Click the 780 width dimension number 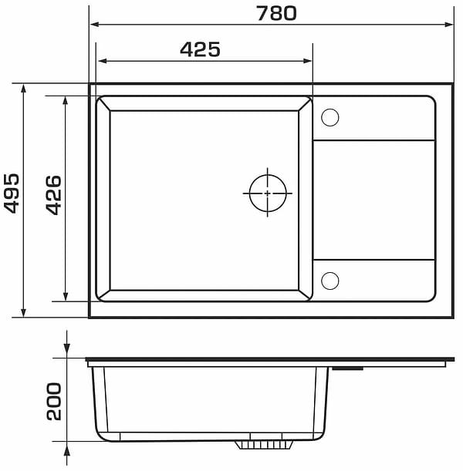(276, 14)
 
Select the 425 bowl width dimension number (200, 49)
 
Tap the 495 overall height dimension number (12, 193)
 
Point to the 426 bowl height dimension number (54, 195)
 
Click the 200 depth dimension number (54, 402)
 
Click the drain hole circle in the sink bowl (268, 193)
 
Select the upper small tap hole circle (330, 117)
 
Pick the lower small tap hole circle (330, 281)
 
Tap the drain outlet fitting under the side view (264, 445)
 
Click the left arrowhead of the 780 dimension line (95, 25)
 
